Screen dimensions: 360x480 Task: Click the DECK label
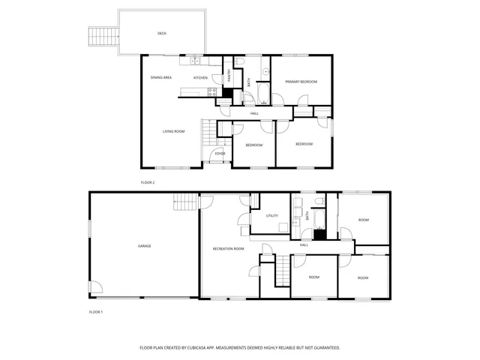pos(161,34)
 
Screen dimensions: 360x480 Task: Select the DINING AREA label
pos(161,78)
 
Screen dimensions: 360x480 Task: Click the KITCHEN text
pos(200,78)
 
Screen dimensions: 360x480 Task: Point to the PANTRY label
pos(229,75)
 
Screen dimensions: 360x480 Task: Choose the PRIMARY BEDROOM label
pos(301,81)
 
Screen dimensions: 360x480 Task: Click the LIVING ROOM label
pos(173,131)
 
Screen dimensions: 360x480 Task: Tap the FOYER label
pos(220,154)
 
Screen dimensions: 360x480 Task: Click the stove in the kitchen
pos(212,92)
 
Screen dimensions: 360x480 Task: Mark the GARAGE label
pos(144,246)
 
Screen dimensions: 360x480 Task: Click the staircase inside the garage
pos(186,202)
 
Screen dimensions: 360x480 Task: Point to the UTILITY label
pos(272,216)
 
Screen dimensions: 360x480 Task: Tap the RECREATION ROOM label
pos(228,248)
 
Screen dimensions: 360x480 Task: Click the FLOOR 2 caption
pos(148,182)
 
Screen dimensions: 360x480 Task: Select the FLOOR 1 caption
pos(96,311)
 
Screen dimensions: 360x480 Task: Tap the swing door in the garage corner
pos(95,287)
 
